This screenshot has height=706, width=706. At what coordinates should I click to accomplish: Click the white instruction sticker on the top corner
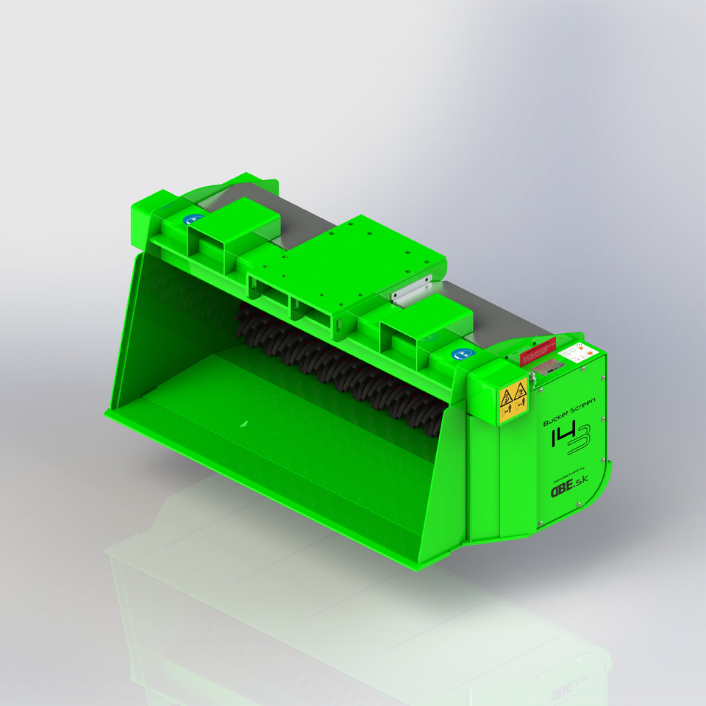[575, 352]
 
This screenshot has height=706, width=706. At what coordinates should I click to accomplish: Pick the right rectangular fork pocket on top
[425, 324]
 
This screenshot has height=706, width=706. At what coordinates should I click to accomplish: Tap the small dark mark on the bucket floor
[244, 424]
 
